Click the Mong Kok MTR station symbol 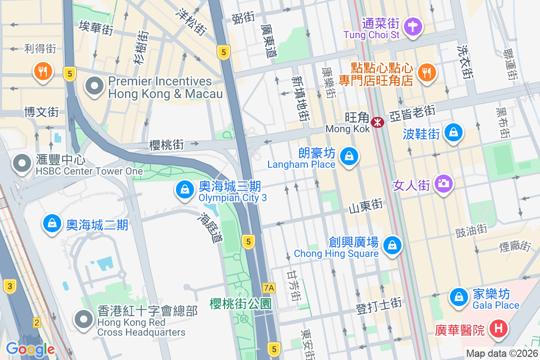tap(378, 121)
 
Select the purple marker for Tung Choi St tap(413, 26)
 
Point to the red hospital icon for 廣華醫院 tap(499, 328)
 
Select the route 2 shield tap(37, 322)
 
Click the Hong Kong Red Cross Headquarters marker tap(83, 319)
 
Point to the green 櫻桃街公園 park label tap(241, 304)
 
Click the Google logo tap(30, 349)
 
